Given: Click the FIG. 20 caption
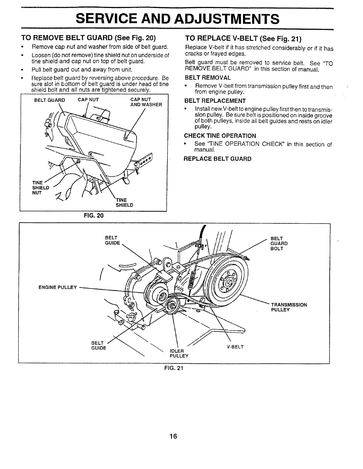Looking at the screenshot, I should coord(94,215).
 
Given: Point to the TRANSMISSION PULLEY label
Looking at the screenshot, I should coord(289,307).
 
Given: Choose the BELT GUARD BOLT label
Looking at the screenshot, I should coord(279,243).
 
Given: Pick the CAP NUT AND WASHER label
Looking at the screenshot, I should coord(146,102).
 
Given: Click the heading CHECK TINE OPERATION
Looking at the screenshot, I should coord(220,136).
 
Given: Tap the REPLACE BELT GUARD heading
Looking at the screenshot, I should coord(217,159).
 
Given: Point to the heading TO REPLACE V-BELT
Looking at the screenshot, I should coord(243,39).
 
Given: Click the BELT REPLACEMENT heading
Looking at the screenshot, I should coord(215,100).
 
